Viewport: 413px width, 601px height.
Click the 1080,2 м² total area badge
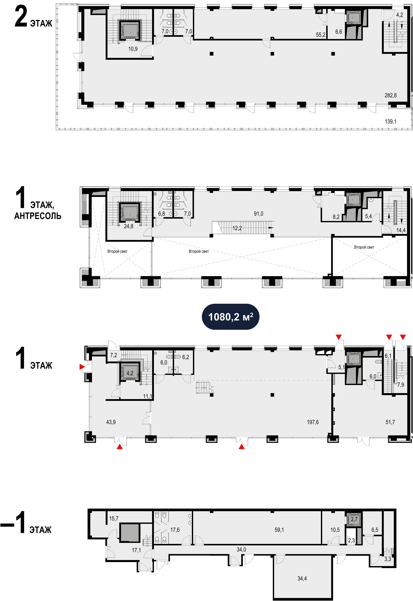[x=230, y=317]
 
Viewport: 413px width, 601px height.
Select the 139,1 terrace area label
[x=391, y=121]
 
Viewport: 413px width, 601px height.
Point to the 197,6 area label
[x=313, y=422]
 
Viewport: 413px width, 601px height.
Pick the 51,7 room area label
[x=390, y=422]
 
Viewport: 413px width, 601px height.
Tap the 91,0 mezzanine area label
[x=258, y=214]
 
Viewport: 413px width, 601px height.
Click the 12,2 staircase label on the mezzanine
[x=237, y=228]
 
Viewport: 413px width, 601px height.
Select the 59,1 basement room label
[x=279, y=530]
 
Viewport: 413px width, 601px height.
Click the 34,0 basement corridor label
[x=241, y=549]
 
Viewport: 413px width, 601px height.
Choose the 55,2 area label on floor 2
[x=321, y=35]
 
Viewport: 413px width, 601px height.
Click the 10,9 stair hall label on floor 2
[x=133, y=49]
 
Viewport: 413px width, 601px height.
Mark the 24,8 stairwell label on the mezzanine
[x=129, y=226]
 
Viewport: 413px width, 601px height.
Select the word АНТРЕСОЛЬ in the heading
[x=38, y=216]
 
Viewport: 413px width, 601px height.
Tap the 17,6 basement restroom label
[x=175, y=530]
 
